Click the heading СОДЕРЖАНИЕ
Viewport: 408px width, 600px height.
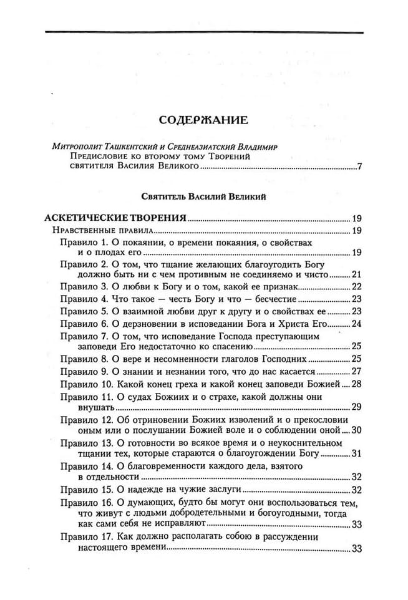click(x=203, y=119)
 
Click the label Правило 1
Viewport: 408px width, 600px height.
click(x=80, y=242)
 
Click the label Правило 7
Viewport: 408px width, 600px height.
click(x=80, y=336)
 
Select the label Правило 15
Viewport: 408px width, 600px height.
click(x=83, y=490)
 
